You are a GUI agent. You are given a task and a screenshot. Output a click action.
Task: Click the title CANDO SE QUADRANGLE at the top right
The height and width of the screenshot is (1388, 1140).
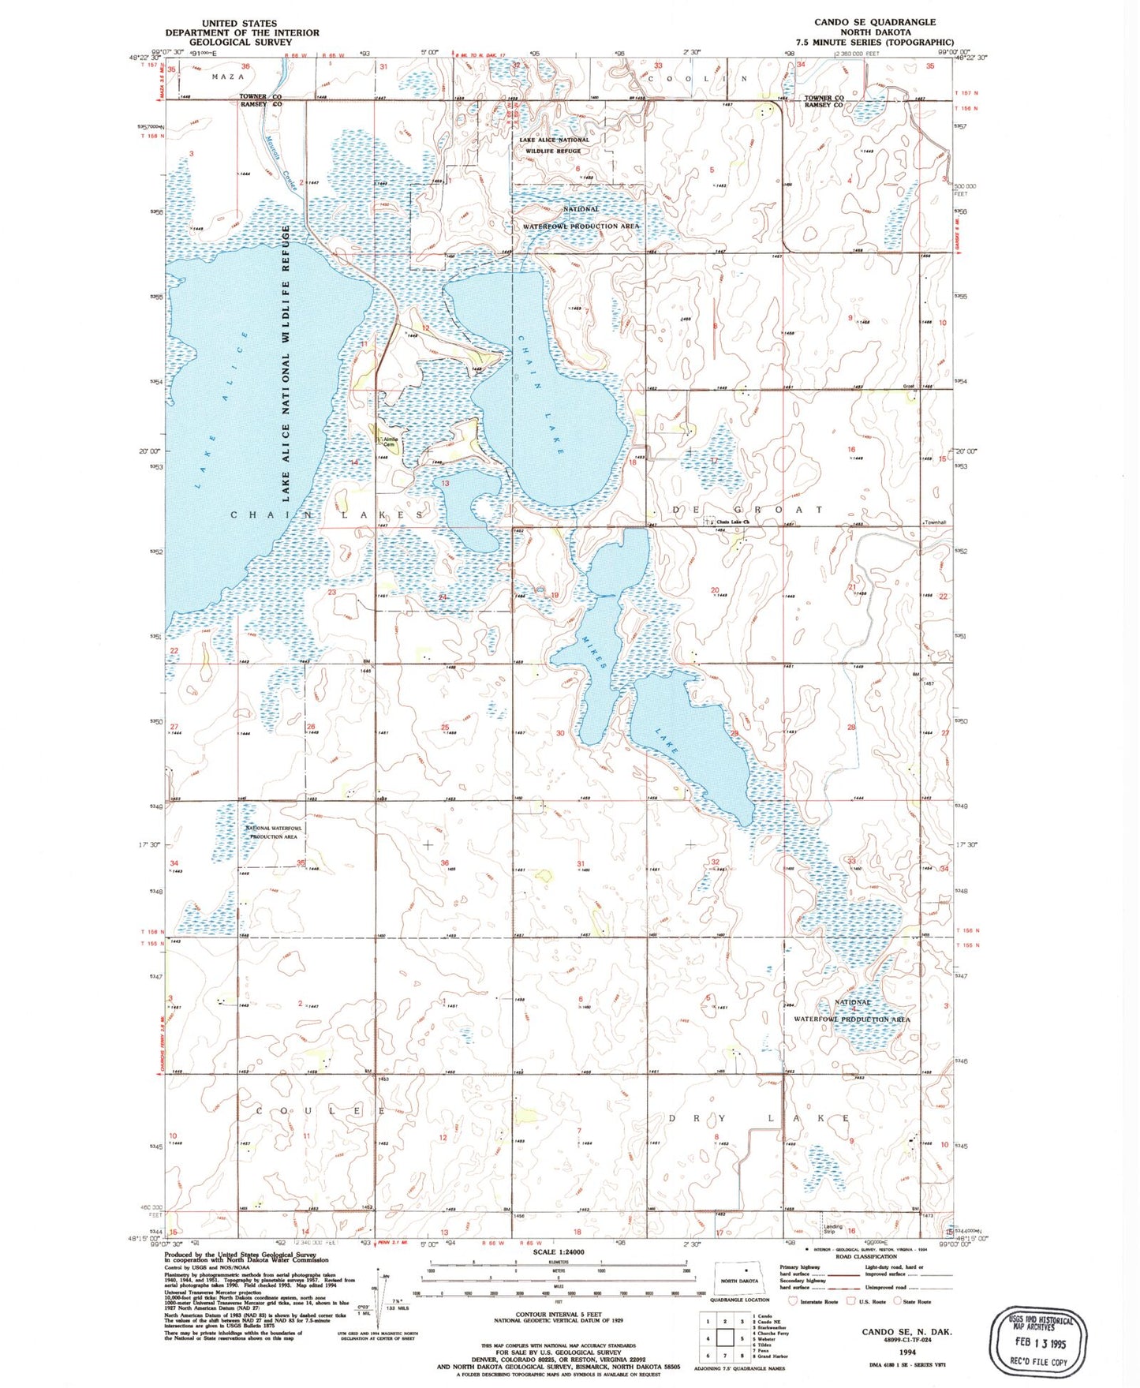(875, 22)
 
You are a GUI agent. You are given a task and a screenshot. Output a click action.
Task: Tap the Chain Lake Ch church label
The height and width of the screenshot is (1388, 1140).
(731, 522)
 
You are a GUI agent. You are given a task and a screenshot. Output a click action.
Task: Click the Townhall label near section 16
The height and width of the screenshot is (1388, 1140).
(935, 522)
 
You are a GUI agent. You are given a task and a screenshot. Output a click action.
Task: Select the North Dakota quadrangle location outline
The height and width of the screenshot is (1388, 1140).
(739, 1279)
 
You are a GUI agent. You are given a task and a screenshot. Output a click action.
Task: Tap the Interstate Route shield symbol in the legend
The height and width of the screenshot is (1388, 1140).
(794, 1301)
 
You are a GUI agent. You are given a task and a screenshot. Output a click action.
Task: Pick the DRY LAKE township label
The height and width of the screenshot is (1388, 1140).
(759, 1118)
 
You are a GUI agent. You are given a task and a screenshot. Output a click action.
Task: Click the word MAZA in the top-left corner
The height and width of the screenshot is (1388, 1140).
(228, 77)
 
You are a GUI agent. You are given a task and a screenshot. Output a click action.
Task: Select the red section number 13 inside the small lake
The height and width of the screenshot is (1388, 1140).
(445, 483)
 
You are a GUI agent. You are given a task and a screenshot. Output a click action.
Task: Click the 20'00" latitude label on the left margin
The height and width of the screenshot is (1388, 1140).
(149, 451)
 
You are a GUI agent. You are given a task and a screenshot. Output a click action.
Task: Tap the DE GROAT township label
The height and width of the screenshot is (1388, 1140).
(746, 510)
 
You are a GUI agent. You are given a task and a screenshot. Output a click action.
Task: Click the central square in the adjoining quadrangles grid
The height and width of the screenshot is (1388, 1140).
(725, 1338)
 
